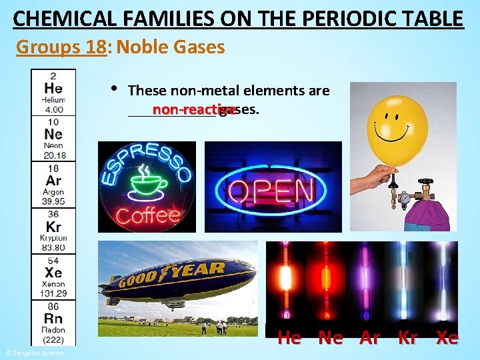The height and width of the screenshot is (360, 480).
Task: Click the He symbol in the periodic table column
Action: point(53,87)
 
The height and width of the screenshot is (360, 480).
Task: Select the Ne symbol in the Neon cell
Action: point(53,134)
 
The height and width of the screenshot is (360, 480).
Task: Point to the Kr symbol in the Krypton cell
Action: point(53,227)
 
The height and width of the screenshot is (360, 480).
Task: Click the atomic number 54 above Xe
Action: point(53,261)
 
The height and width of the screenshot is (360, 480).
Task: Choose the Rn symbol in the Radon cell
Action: point(53,319)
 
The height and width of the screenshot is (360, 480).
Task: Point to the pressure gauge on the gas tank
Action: point(404,197)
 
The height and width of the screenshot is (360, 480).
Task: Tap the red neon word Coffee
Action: point(147,215)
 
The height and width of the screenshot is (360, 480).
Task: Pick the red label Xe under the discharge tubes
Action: point(447,338)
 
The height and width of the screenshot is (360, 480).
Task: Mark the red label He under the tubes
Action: point(289,338)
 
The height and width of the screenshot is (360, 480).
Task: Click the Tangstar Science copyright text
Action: point(35,353)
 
